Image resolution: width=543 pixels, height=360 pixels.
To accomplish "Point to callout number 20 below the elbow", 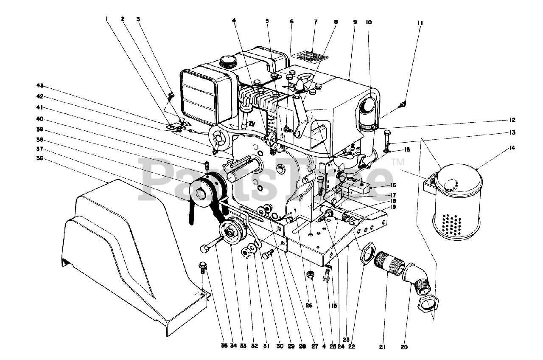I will coord(403,347).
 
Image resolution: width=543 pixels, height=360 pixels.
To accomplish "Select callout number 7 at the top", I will coord(314,22).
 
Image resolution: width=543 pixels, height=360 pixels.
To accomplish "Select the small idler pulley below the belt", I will coord(232,232).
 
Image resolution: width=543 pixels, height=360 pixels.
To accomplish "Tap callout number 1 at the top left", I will coord(106,19).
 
